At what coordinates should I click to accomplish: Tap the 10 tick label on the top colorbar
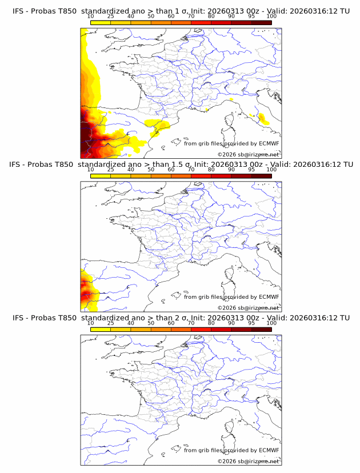[x=91, y=17]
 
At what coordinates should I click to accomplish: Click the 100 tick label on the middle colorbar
[x=271, y=170]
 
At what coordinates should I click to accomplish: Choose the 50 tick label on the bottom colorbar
[x=151, y=323]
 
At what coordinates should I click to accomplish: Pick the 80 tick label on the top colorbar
[x=211, y=17]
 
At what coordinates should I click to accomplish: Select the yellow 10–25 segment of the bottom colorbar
[x=101, y=329]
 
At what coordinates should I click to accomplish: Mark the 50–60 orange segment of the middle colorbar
[x=161, y=176]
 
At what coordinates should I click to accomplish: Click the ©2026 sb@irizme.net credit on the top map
[x=248, y=155]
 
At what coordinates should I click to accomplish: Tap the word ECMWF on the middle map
[x=269, y=297]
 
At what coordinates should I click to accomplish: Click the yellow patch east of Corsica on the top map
[x=263, y=119]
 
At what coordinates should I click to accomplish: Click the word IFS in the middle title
[x=18, y=165]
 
